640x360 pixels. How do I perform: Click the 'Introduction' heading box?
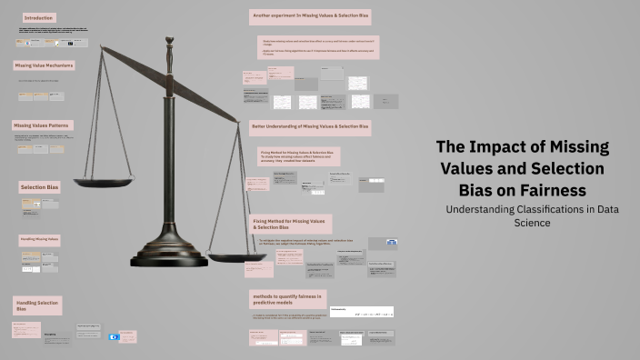(x=39, y=17)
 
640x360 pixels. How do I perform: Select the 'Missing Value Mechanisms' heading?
(x=44, y=65)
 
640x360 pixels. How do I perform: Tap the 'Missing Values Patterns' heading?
(x=42, y=125)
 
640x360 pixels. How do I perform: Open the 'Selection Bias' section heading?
(x=40, y=187)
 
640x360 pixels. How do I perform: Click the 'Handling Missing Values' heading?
(x=40, y=240)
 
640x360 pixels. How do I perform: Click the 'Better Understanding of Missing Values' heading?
(x=310, y=125)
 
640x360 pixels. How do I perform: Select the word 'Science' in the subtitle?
(x=533, y=223)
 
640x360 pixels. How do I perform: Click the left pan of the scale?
(x=103, y=182)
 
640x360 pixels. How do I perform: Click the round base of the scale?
(x=169, y=255)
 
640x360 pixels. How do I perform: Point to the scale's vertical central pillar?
(x=169, y=155)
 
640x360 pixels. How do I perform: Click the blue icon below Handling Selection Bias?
(x=114, y=336)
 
